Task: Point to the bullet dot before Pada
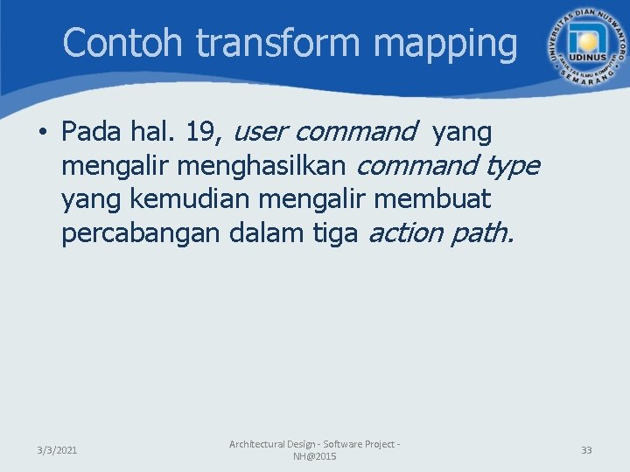point(42,134)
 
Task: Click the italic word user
point(261,132)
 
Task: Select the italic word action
point(407,233)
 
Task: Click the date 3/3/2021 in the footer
point(57,450)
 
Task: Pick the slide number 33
point(586,450)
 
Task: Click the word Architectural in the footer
point(260,444)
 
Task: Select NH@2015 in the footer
point(314,457)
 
